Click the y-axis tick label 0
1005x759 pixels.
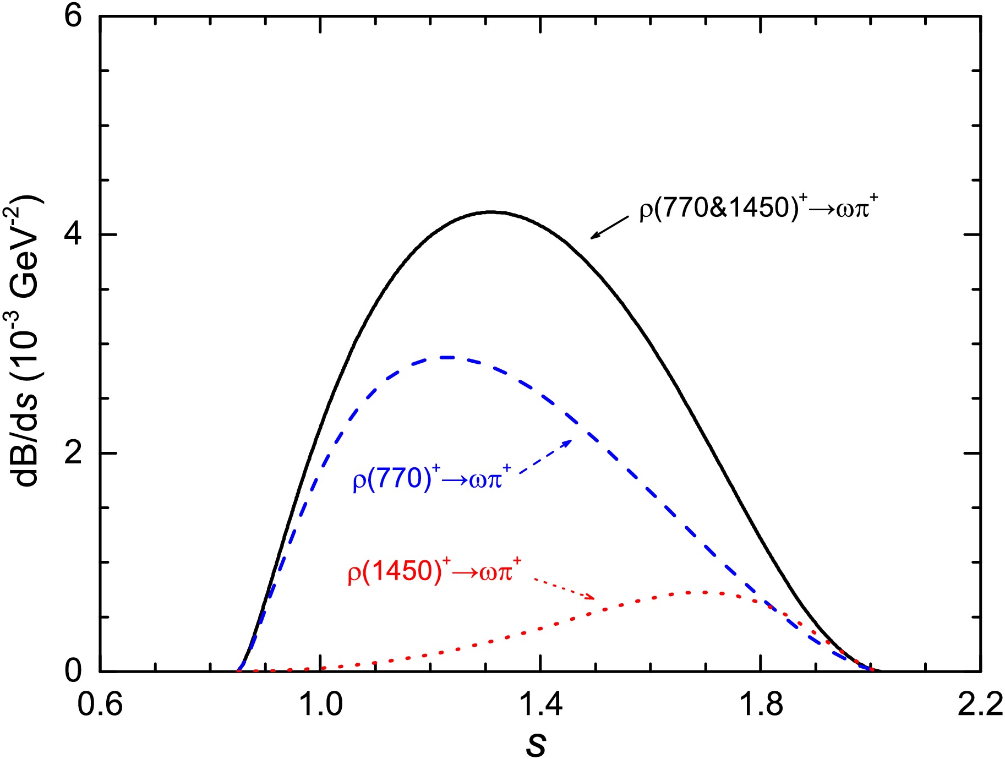click(x=73, y=671)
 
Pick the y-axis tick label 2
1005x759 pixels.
click(x=73, y=453)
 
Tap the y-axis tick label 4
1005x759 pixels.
click(x=73, y=234)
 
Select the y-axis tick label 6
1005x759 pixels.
click(x=73, y=17)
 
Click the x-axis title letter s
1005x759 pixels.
click(x=536, y=744)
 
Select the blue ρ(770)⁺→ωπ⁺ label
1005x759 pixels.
click(x=432, y=478)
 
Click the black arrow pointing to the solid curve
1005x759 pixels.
click(x=609, y=227)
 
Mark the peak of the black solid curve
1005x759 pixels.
click(x=491, y=212)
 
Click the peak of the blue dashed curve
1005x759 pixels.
click(x=449, y=357)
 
